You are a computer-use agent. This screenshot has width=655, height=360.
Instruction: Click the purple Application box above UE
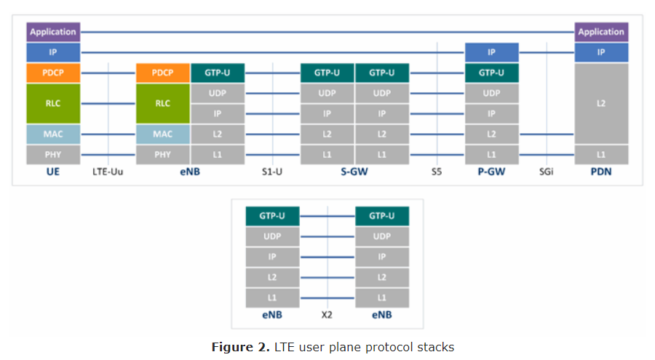coord(53,32)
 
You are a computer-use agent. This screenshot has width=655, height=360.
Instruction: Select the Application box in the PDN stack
coord(601,32)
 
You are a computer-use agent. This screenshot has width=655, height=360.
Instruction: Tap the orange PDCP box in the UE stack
coord(53,73)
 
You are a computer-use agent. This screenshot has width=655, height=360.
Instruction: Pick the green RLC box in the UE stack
coord(53,103)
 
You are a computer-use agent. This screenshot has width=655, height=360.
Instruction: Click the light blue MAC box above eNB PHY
coord(163,134)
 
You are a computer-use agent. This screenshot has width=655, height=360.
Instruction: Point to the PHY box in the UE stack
coord(53,154)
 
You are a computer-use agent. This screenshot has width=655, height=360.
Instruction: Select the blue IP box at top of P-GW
coord(492,52)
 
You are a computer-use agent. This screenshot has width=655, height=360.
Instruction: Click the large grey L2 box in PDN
coord(601,103)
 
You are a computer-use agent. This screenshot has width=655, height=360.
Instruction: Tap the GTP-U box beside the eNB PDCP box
coord(218,73)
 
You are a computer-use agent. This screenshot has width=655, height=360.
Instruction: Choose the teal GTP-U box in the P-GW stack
coord(492,73)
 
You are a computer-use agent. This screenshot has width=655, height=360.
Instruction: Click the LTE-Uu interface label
coord(108,172)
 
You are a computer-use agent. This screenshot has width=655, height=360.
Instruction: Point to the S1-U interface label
coord(272,172)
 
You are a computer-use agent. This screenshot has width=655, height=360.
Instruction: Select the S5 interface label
coord(437,172)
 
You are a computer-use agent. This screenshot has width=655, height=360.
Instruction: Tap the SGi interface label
coord(547,172)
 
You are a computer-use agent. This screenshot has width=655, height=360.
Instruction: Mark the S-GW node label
coord(354,172)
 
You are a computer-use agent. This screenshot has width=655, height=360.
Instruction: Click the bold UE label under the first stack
coord(53,172)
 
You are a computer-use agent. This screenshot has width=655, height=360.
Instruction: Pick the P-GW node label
coord(492,172)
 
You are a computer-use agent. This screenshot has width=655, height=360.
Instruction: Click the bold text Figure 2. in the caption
coord(240,347)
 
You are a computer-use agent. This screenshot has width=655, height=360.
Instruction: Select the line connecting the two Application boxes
coord(327,32)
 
